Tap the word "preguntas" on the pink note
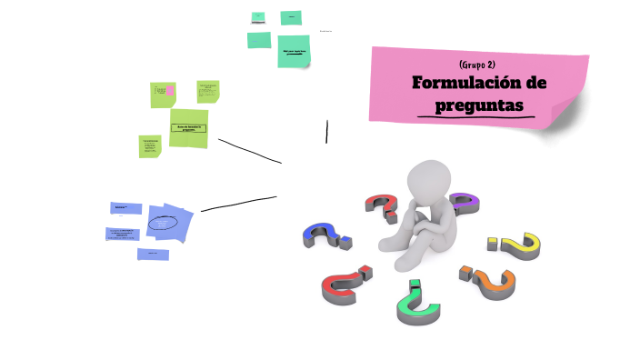pos(480,105)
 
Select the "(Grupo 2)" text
pos(478,64)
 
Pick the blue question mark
pos(325,235)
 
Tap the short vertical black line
pos(326,132)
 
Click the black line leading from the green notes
pos(249,151)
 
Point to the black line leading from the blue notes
pos(238,204)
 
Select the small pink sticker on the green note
pos(170,90)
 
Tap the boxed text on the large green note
pos(187,128)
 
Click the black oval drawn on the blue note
pos(163,223)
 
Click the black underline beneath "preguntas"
pos(474,118)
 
